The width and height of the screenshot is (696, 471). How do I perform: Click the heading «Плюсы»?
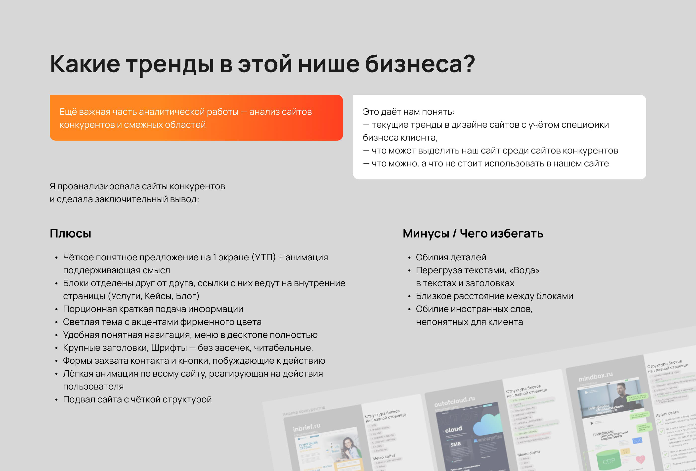tap(70, 234)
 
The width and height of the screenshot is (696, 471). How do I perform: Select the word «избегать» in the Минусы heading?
tap(501, 234)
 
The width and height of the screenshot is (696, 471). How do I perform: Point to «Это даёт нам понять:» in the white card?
tap(408, 112)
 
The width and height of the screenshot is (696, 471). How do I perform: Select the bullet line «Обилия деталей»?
tap(451, 257)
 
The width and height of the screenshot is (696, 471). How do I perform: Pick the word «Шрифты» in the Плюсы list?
tap(169, 348)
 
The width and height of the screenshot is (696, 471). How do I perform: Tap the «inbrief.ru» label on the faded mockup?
tap(306, 427)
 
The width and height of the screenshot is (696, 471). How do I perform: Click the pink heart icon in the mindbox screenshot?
tap(640, 459)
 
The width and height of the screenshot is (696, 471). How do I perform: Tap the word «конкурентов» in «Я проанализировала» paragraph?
tap(197, 186)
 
